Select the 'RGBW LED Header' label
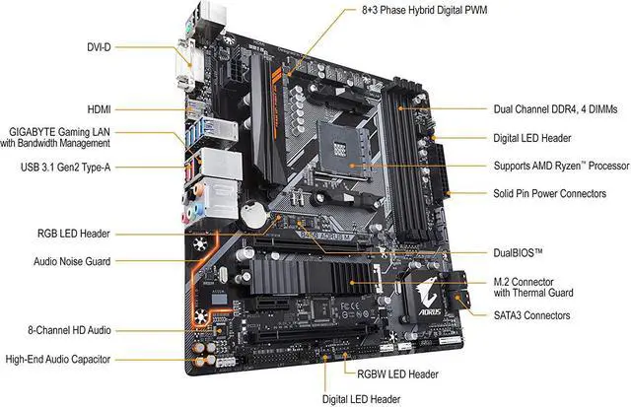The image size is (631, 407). (392, 374)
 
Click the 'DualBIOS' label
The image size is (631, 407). (520, 253)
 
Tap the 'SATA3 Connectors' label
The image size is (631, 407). (531, 315)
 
